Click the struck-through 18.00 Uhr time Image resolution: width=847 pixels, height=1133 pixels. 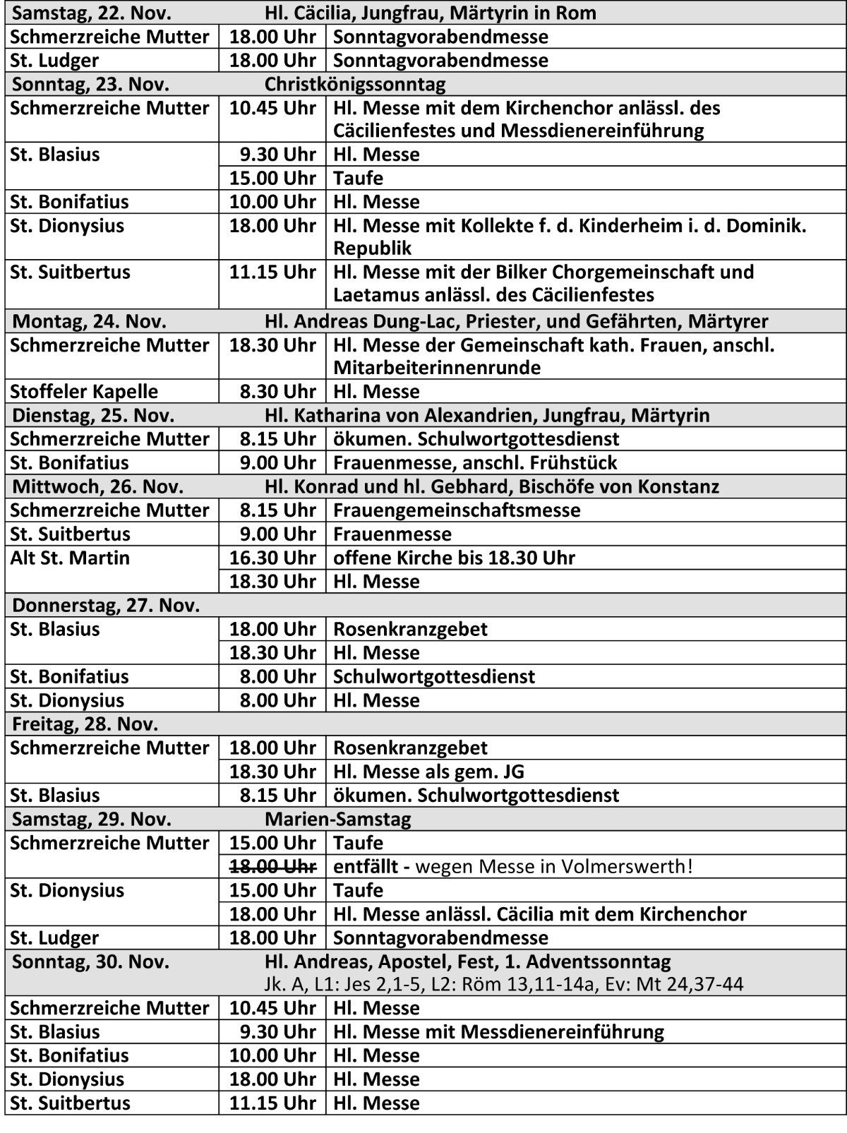click(272, 866)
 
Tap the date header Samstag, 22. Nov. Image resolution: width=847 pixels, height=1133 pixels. click(92, 13)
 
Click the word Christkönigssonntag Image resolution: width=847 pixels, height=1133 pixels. click(355, 85)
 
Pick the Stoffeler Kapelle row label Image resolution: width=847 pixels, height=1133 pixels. click(84, 392)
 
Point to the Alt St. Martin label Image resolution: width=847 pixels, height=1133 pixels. click(70, 558)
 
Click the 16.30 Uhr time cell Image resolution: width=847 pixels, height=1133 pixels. click(272, 558)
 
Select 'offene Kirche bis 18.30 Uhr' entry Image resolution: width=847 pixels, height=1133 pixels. click(454, 558)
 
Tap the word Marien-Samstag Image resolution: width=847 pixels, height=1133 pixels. click(338, 819)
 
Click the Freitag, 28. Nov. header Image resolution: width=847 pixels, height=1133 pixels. click(85, 724)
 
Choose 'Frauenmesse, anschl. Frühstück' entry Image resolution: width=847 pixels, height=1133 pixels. click(475, 463)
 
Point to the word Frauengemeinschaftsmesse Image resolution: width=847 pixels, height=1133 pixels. click(457, 510)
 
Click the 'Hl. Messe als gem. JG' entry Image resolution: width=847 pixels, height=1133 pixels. click(428, 772)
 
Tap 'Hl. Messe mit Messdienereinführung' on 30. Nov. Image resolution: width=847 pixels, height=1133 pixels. click(498, 1032)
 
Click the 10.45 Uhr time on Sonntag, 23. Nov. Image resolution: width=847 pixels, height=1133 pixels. click(272, 109)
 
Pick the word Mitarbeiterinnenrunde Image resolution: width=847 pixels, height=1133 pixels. click(437, 368)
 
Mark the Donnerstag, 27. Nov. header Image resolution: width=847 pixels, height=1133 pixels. click(106, 606)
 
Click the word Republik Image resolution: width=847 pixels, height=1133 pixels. click(372, 248)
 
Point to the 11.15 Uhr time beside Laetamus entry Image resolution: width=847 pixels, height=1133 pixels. click(272, 272)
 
